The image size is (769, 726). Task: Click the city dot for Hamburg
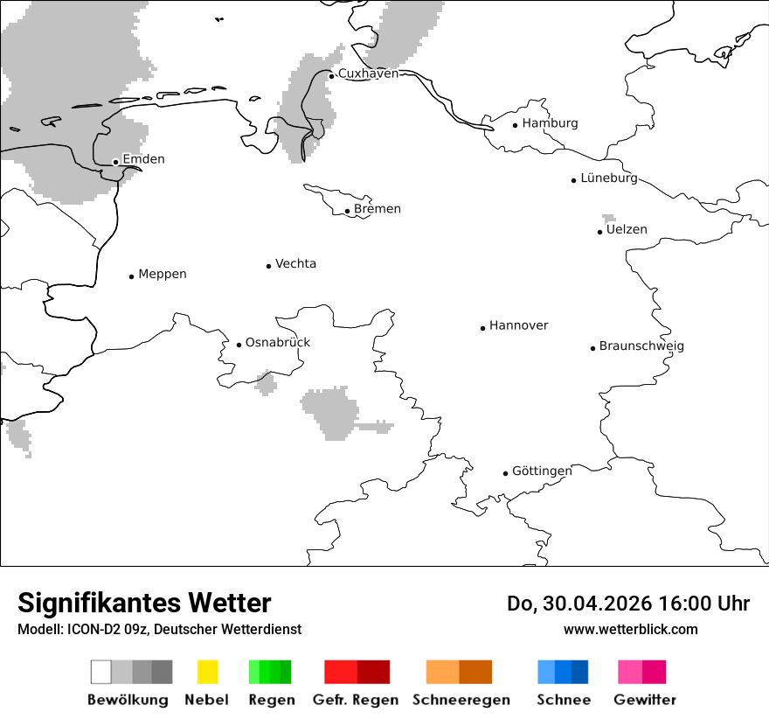tap(516, 125)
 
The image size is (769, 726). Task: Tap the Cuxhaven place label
tap(368, 73)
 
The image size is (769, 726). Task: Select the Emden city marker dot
tap(115, 162)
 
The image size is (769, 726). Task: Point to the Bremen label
tap(378, 209)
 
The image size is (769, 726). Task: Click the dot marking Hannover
tap(482, 328)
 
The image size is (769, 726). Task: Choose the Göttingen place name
tap(542, 471)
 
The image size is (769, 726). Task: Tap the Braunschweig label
tap(641, 346)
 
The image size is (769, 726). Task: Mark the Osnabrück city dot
tap(239, 345)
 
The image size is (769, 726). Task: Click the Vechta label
tap(295, 264)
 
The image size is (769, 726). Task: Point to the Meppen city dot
tap(131, 276)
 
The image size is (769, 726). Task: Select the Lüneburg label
tap(609, 178)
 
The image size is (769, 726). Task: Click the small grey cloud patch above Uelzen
tap(608, 218)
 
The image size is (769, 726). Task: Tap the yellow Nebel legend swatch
tap(207, 672)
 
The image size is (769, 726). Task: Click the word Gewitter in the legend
tap(645, 700)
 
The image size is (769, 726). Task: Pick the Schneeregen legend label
tap(461, 700)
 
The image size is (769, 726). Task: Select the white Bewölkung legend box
tap(100, 672)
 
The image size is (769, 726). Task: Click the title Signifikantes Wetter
tap(144, 604)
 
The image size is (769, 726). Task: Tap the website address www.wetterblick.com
tap(631, 630)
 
